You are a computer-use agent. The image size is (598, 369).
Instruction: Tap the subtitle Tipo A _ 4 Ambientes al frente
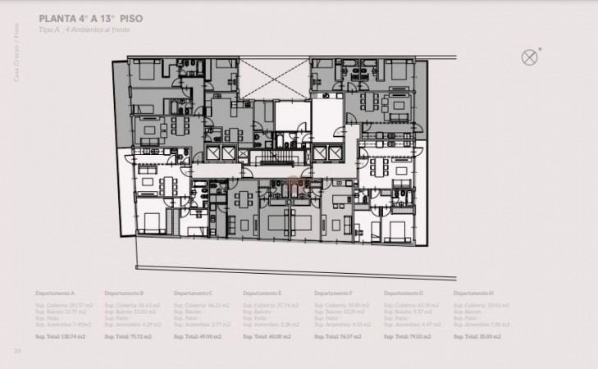(84, 30)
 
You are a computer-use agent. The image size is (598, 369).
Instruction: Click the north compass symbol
(530, 57)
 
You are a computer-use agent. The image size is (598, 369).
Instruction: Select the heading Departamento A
(55, 293)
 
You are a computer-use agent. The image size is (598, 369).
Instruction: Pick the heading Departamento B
(124, 293)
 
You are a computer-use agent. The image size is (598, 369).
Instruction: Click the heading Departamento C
(194, 293)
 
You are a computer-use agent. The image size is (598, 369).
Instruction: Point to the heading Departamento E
(262, 293)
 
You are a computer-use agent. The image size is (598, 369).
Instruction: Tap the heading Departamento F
(334, 293)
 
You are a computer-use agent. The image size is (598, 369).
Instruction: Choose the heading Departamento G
(404, 293)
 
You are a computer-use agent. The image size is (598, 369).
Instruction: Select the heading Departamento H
(473, 293)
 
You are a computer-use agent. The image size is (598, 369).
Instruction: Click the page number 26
(16, 351)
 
